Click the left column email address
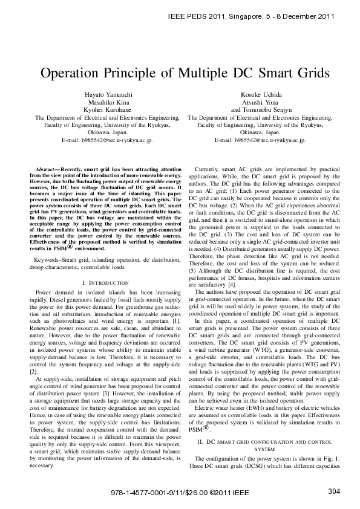coord(108,140)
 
